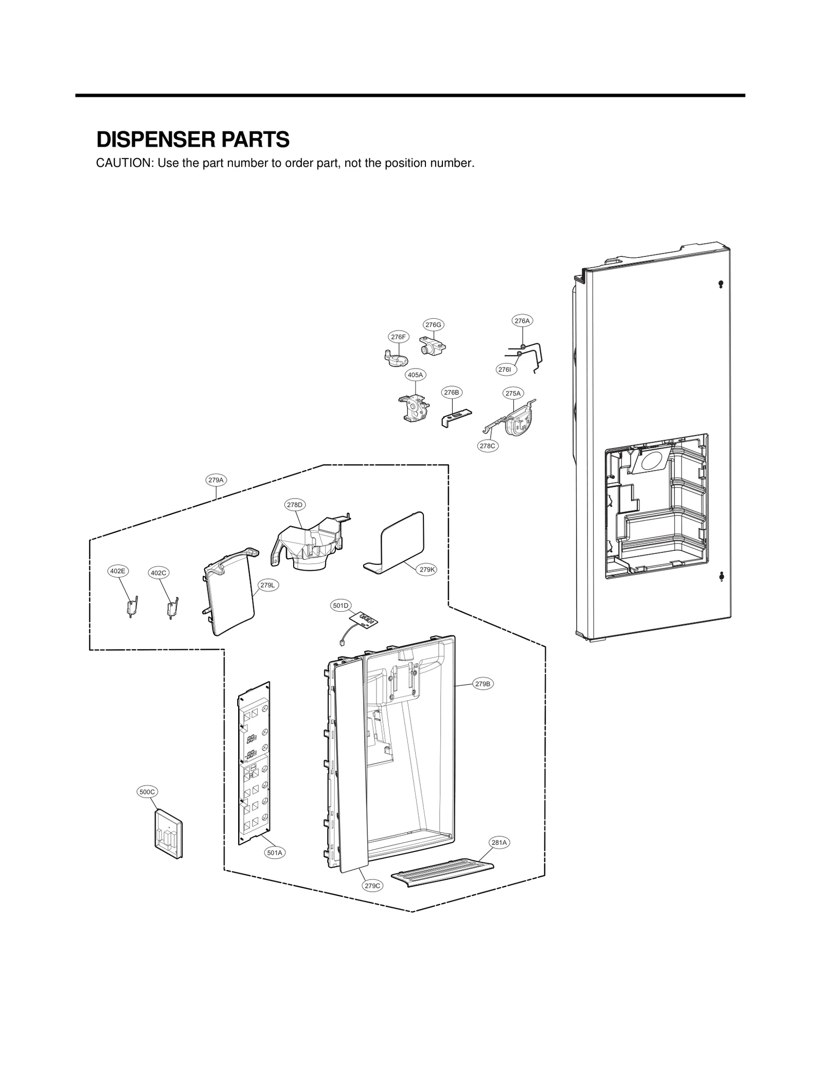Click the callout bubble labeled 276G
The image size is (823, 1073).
(x=433, y=324)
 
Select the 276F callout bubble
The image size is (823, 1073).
(x=398, y=337)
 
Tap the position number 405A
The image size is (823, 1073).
(x=415, y=375)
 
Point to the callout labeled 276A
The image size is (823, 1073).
(x=522, y=320)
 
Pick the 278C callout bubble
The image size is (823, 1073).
(x=487, y=446)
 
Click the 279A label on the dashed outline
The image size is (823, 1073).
(x=216, y=480)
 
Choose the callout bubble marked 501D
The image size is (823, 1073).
(x=341, y=605)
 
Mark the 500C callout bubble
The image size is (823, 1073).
(x=148, y=806)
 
